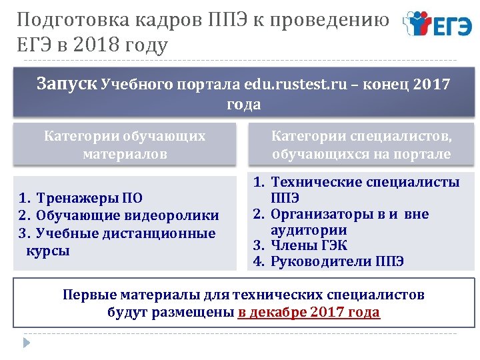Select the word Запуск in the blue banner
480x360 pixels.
click(67, 84)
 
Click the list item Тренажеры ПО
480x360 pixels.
click(89, 198)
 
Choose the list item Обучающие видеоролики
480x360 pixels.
click(127, 215)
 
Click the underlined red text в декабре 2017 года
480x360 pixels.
click(309, 312)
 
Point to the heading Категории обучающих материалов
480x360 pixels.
click(125, 145)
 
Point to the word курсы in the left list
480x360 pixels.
click(48, 251)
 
